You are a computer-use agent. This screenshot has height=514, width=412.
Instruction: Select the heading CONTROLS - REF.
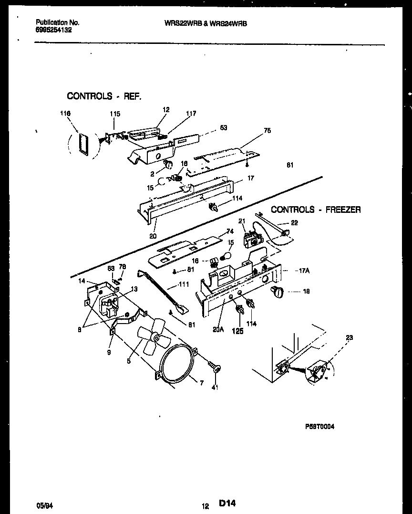[104, 96]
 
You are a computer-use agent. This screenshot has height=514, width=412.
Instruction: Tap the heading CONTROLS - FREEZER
[316, 210]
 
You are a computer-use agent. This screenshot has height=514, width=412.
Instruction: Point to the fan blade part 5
[151, 338]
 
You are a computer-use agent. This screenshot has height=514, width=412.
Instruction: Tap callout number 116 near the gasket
[65, 114]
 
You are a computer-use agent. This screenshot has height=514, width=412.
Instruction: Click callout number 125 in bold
[237, 331]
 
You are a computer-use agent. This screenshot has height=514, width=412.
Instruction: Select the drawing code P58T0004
[319, 427]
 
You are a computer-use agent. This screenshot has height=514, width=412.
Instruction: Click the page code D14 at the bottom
[227, 503]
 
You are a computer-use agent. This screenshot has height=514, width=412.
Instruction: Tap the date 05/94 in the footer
[43, 504]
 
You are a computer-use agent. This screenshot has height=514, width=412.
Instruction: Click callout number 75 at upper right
[267, 130]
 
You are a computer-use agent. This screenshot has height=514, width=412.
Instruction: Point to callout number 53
[224, 127]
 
